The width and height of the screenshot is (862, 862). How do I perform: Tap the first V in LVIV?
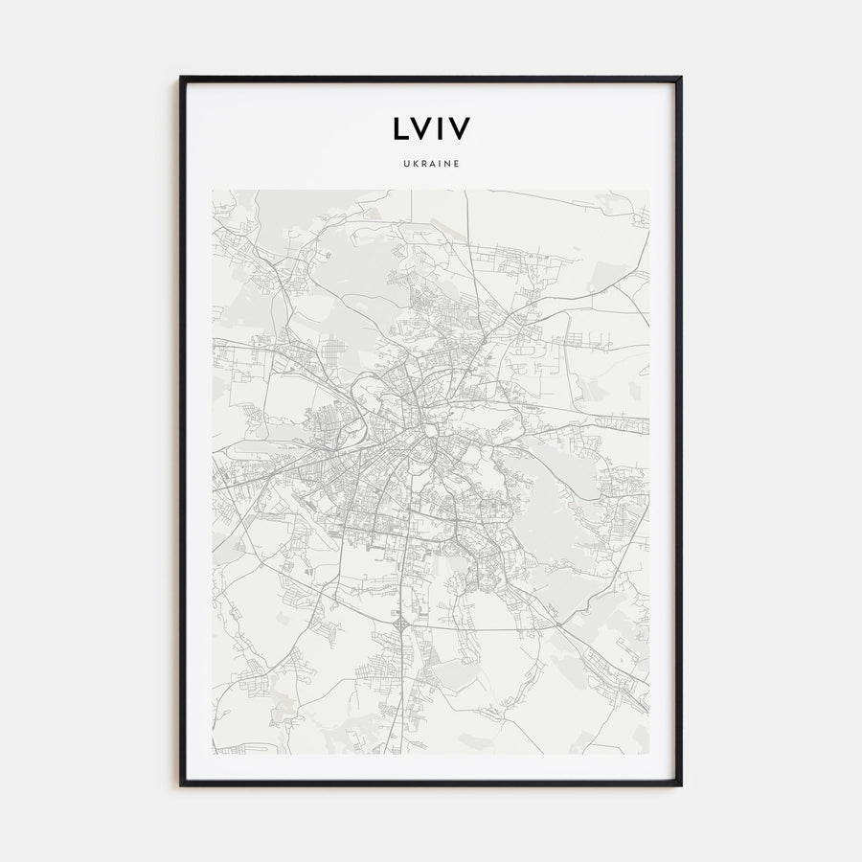(x=421, y=129)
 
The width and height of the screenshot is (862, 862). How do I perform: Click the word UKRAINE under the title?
(x=431, y=164)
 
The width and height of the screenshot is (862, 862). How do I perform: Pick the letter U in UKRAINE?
(x=405, y=164)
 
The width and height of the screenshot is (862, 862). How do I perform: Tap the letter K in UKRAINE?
(x=414, y=164)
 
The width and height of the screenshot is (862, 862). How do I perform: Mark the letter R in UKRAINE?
(x=422, y=164)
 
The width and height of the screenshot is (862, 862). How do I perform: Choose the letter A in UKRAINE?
(x=431, y=164)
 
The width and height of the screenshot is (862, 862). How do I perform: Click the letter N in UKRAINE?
(x=446, y=164)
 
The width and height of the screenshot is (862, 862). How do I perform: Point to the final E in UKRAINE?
(x=457, y=164)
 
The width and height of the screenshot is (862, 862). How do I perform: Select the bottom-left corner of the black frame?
(x=181, y=784)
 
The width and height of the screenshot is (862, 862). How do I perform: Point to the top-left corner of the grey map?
(x=213, y=190)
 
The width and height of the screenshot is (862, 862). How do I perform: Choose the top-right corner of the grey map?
(x=648, y=190)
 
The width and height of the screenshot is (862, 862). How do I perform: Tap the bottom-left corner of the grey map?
(x=213, y=754)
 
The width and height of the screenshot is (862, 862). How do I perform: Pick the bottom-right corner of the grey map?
(x=648, y=754)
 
